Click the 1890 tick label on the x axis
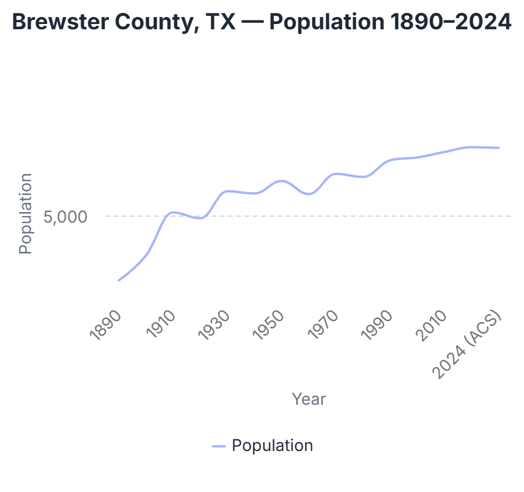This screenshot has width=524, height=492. point(105,325)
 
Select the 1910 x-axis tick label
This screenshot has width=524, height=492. point(161,324)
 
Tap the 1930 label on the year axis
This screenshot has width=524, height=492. point(214,325)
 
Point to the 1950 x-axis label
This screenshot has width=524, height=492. point(268,325)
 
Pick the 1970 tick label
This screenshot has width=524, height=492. point(323,324)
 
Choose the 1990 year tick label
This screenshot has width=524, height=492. point(377,325)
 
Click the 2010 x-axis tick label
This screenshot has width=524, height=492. point(431,325)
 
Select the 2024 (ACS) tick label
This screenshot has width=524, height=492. point(467,345)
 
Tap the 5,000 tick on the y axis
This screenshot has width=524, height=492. point(65,217)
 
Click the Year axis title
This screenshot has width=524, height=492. point(309,399)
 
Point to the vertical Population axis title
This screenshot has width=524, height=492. point(25,214)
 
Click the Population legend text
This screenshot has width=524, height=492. point(273,446)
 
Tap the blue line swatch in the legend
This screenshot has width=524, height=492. point(219,446)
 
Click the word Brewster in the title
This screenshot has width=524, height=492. point(60,22)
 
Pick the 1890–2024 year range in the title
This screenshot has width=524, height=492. point(451,22)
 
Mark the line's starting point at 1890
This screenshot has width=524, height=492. point(119,280)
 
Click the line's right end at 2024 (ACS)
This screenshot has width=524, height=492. point(499,148)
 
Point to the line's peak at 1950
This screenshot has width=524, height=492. point(282,181)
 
